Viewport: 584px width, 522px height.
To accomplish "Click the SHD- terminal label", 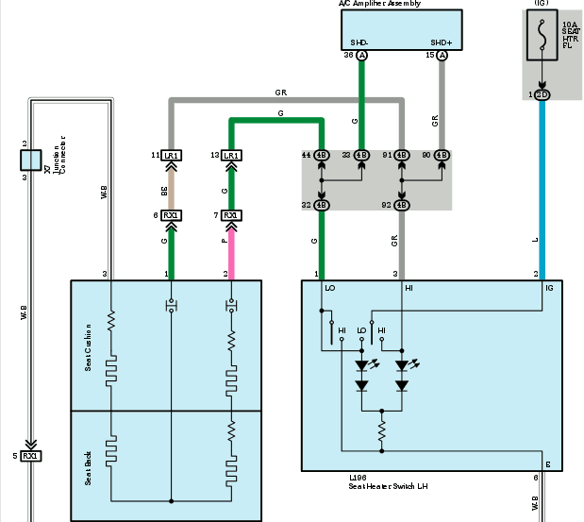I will [359, 43].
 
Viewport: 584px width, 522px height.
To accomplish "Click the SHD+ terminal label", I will [441, 43].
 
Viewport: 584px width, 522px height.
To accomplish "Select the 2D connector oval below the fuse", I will [542, 95].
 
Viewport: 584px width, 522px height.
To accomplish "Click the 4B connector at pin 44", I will [321, 155].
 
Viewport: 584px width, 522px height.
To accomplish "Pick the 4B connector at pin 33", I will [360, 155].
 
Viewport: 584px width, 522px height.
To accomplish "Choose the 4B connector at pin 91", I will [401, 155].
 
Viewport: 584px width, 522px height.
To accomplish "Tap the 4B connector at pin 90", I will [441, 155].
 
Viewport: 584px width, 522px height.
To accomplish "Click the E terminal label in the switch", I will [546, 464].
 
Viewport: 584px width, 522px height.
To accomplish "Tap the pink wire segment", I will [229, 250].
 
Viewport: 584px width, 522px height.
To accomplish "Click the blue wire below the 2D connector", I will [542, 189].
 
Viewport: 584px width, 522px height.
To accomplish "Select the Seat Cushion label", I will [88, 346].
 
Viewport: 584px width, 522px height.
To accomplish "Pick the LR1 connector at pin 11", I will [172, 155].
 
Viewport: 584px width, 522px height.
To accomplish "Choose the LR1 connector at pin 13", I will [229, 155].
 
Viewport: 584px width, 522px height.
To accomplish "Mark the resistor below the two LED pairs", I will [381, 433].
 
